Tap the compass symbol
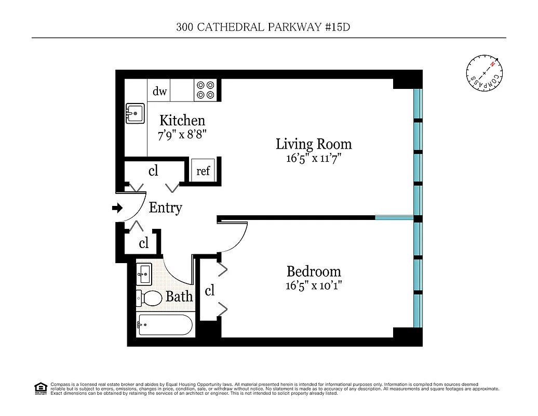point(485,73)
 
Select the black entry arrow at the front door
point(117,208)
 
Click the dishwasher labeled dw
point(159,91)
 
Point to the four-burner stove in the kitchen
point(205,90)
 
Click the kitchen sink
point(135,113)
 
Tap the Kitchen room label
point(182,121)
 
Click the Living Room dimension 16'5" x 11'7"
point(313,158)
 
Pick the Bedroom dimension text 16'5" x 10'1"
point(314,285)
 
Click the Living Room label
point(313,144)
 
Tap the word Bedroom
point(314,271)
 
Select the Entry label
point(165,208)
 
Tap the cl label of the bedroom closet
point(209,291)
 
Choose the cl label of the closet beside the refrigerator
point(153,171)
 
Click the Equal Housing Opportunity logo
point(41,388)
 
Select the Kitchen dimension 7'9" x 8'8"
point(182,135)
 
